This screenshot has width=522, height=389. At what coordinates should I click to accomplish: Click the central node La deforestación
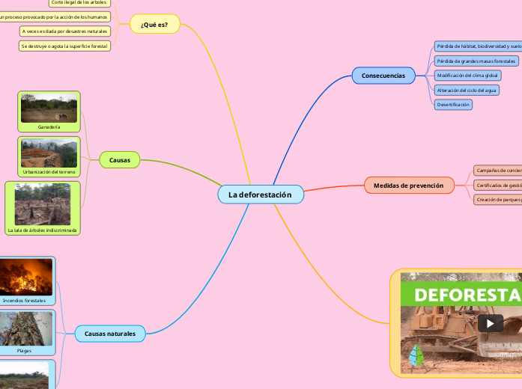[260, 194]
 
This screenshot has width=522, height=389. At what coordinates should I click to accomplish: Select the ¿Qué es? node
[154, 25]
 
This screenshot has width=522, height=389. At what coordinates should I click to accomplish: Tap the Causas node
[120, 160]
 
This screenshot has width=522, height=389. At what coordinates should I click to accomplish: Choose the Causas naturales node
[110, 334]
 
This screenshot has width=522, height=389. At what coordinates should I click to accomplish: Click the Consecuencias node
[383, 76]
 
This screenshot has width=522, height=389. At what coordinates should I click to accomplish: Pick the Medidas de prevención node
[408, 186]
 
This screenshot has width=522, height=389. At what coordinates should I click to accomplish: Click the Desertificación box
[453, 105]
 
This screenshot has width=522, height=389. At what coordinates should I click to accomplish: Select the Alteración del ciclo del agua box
[467, 90]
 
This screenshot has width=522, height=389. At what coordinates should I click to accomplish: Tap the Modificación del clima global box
[467, 76]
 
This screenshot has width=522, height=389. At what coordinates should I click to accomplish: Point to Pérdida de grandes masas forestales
[476, 61]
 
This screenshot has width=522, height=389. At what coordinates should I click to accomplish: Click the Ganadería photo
[49, 107]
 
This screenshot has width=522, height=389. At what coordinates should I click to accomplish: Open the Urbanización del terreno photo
[49, 152]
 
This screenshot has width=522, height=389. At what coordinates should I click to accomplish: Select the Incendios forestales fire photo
[26, 276]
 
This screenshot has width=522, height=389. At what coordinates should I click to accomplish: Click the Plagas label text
[25, 350]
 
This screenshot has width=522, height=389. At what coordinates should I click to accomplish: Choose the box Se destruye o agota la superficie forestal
[64, 46]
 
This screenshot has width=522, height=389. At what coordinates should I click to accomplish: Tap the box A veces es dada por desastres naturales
[64, 31]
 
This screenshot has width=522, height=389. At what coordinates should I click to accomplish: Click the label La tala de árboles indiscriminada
[43, 230]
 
